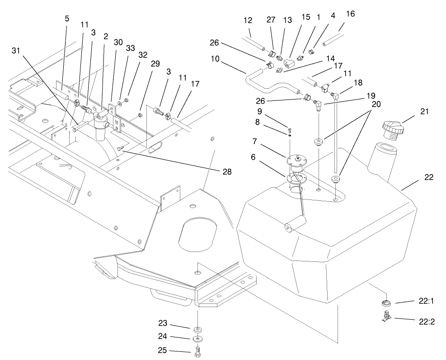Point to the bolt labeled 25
pyautogui.click(x=197, y=352)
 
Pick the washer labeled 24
pyautogui.click(x=197, y=339)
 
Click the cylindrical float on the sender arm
pyautogui.click(x=295, y=224)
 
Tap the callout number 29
pyautogui.click(x=155, y=64)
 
